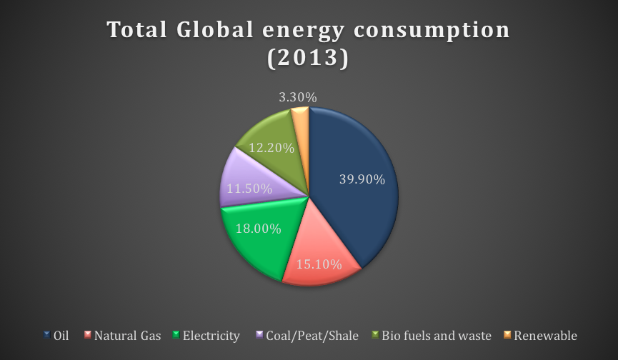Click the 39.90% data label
coord(362,180)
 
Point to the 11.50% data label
coord(249,189)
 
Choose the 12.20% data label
coord(271,148)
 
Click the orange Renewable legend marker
coord(508,335)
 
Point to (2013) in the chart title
coord(308,58)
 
